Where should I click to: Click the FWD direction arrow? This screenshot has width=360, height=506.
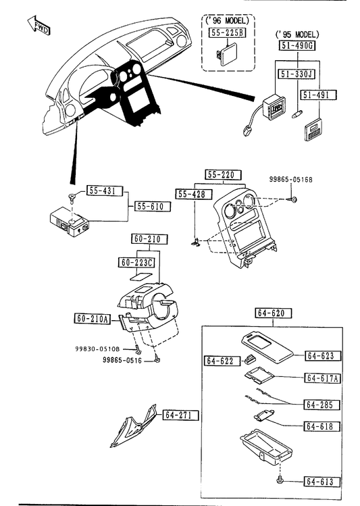tap(38, 26)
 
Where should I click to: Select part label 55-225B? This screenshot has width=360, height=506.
tap(227, 32)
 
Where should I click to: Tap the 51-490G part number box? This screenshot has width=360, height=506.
tap(297, 45)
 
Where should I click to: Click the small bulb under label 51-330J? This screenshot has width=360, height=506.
tap(297, 114)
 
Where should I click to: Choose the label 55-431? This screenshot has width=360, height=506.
tap(105, 191)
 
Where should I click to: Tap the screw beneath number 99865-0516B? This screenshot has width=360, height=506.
tap(292, 200)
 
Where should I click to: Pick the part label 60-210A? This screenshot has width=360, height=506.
tap(93, 319)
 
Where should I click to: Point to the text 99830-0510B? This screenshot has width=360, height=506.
tap(97, 349)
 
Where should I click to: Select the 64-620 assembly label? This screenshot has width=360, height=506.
tap(274, 313)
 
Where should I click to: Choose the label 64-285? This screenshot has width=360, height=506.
tap(322, 405)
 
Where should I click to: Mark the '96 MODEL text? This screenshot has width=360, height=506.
tap(227, 21)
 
